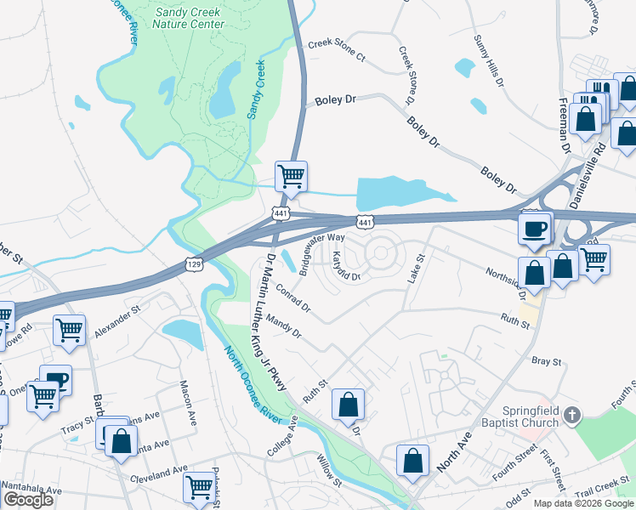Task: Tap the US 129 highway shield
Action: tap(194, 266)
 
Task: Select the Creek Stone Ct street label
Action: tap(336, 51)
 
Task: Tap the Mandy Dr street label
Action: tap(284, 326)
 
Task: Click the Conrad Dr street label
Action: tap(292, 295)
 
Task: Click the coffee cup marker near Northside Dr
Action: tap(535, 228)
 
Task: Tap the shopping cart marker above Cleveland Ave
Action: tap(200, 487)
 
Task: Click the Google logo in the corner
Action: tap(28, 500)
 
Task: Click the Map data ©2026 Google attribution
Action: tap(583, 503)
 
